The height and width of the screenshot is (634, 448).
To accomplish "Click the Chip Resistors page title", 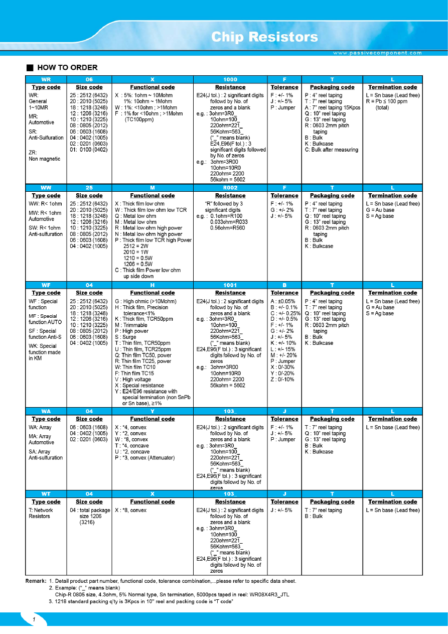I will (264, 37).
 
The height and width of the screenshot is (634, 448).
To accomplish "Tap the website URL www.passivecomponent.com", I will (377, 53).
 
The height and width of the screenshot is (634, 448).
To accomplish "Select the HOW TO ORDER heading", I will (67, 68).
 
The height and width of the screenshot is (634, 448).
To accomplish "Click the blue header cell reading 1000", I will (230, 79).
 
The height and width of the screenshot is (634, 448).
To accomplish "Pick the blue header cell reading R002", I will (230, 187).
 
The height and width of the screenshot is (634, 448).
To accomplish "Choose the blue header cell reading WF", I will (46, 285).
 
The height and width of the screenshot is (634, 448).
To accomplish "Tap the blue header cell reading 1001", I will (230, 285).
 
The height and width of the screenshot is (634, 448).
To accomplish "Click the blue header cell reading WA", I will (46, 411).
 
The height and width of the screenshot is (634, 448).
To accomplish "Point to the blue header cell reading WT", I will (46, 493).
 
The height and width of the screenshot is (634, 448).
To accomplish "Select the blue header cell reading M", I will (153, 187).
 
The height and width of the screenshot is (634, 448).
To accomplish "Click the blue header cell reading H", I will (153, 285).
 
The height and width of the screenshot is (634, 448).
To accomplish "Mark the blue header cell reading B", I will (284, 285).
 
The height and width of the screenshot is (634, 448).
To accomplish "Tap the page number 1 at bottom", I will (34, 620).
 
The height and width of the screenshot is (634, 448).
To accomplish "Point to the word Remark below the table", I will (36, 581).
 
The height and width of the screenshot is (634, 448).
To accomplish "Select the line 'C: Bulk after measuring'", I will (332, 150).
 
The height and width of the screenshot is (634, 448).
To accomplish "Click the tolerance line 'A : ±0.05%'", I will (283, 301).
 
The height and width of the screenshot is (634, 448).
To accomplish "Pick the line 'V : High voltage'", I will (135, 379).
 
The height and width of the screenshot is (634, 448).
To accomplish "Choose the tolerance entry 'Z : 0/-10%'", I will (283, 379).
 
